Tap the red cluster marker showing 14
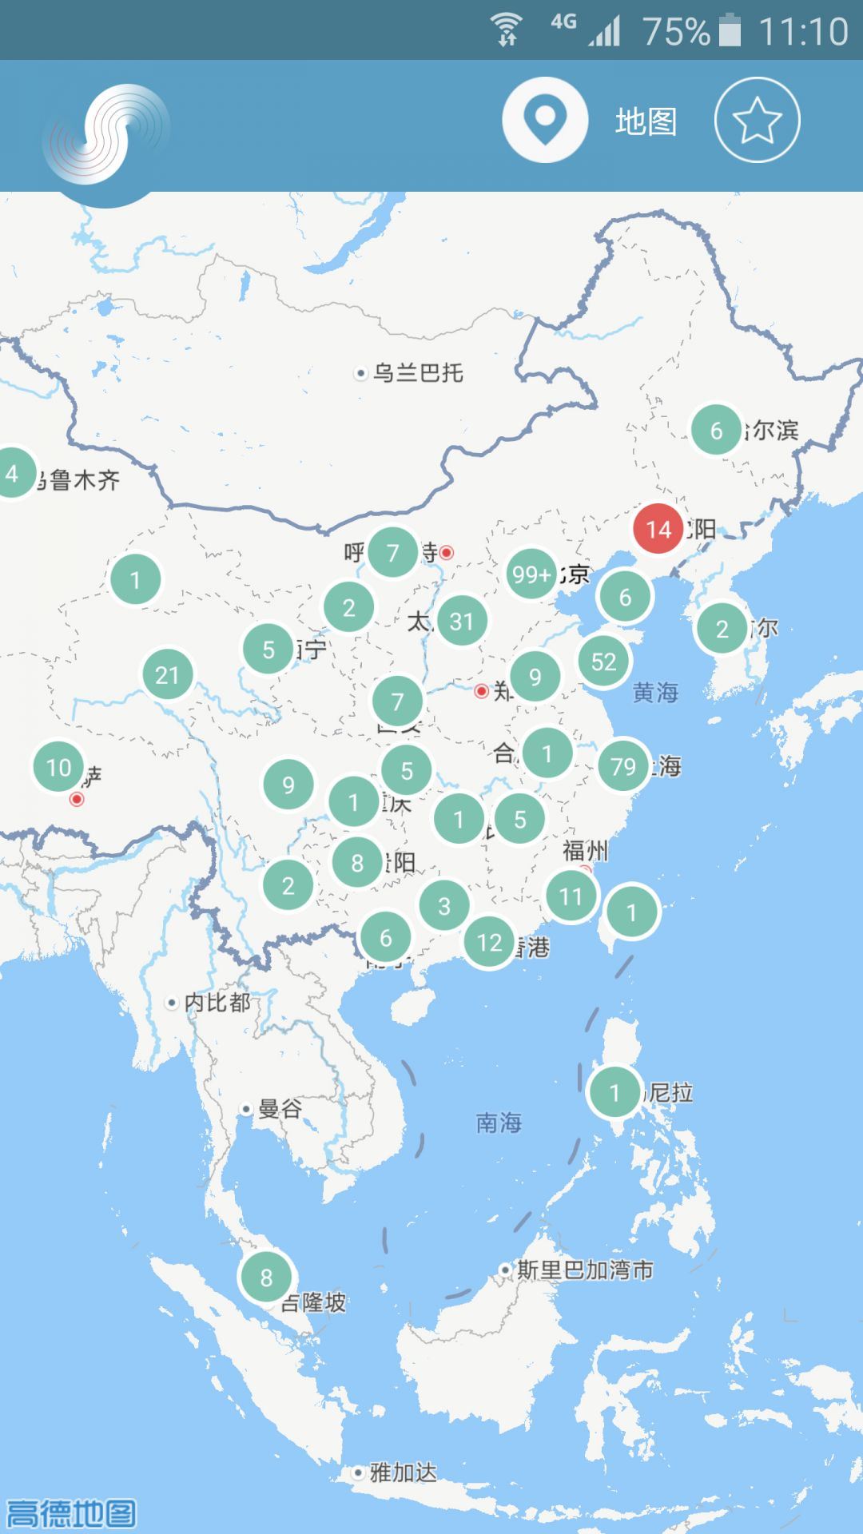[x=658, y=529]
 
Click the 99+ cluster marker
[x=531, y=574]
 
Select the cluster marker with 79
[x=623, y=766]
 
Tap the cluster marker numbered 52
[x=603, y=661]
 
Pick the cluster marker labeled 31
[x=461, y=621]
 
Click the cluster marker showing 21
[x=167, y=675]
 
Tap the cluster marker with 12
[x=489, y=942]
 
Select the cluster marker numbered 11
[x=571, y=896]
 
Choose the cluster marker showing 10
[x=59, y=767]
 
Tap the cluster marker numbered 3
[x=444, y=906]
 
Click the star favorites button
[x=757, y=121]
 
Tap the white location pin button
[x=545, y=121]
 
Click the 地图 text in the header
[x=646, y=121]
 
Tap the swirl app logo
[x=106, y=136]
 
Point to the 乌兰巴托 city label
[x=417, y=372]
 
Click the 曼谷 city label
[x=279, y=1108]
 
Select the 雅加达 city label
[x=402, y=1472]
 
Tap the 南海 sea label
[x=499, y=1123]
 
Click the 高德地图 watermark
[x=70, y=1512]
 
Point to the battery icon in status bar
[x=730, y=31]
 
